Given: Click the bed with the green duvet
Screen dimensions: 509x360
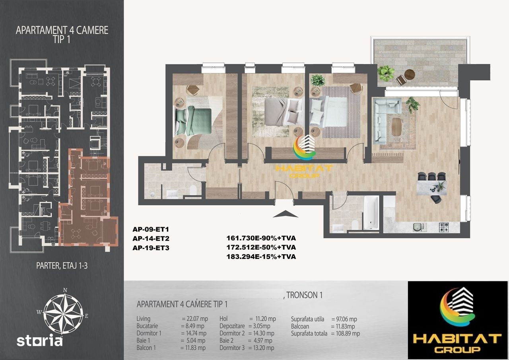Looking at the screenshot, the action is pyautogui.click(x=194, y=122).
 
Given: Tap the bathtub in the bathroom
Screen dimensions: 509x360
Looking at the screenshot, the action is pyautogui.click(x=371, y=212).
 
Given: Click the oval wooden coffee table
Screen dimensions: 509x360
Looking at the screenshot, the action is pyautogui.click(x=396, y=126).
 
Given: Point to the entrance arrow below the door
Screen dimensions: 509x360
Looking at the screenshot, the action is pyautogui.click(x=285, y=214).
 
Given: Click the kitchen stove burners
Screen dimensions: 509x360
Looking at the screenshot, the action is pyautogui.click(x=444, y=227).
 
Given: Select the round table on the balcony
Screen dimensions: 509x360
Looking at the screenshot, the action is pyautogui.click(x=410, y=74).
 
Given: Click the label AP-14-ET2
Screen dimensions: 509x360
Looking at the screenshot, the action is pyautogui.click(x=151, y=239).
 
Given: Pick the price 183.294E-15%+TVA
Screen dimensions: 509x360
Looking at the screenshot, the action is pyautogui.click(x=261, y=257).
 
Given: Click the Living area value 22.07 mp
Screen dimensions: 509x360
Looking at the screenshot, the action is pyautogui.click(x=197, y=319).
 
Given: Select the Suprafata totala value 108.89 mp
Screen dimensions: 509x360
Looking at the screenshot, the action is pyautogui.click(x=348, y=333).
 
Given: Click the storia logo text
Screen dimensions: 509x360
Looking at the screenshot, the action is pyautogui.click(x=39, y=340).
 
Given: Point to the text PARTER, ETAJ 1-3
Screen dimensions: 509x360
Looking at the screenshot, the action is pyautogui.click(x=62, y=266).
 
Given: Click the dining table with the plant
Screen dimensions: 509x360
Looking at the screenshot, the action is pyautogui.click(x=431, y=188).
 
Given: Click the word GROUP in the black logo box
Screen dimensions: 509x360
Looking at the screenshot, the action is pyautogui.click(x=457, y=349).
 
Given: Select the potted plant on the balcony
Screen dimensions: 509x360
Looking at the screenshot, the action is pyautogui.click(x=386, y=73).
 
